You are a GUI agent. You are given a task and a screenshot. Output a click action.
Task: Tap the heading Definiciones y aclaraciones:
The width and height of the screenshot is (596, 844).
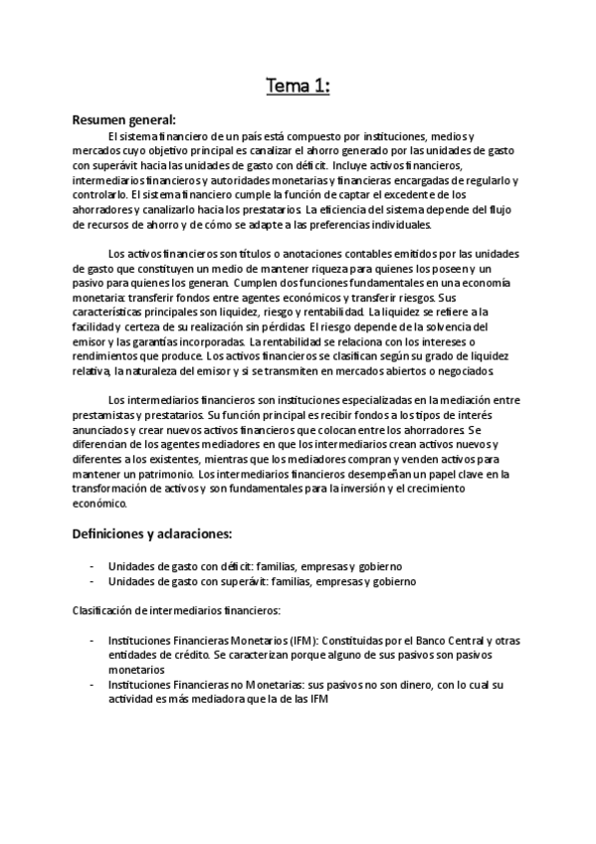pos(151,532)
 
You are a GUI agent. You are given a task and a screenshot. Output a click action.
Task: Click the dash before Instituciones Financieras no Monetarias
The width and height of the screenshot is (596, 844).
pos(93,686)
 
